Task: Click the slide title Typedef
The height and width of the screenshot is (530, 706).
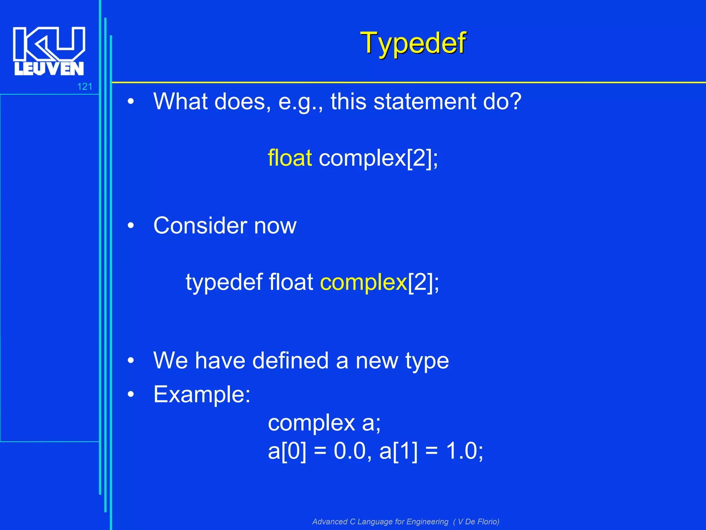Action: click(x=413, y=43)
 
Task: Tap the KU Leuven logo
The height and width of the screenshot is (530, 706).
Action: click(x=49, y=51)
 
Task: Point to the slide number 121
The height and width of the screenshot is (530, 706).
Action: click(x=84, y=87)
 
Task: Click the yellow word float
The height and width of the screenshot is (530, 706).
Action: click(x=290, y=158)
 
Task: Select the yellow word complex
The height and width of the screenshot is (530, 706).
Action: click(x=363, y=282)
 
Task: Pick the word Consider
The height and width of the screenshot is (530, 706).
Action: click(x=200, y=226)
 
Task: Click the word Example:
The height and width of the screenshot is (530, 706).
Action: click(x=202, y=394)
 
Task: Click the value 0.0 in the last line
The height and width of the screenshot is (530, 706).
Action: click(x=349, y=451)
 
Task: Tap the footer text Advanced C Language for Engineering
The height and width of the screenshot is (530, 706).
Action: click(x=380, y=522)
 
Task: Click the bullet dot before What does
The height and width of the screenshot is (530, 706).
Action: click(x=131, y=102)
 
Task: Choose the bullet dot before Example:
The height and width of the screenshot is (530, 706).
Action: click(x=131, y=394)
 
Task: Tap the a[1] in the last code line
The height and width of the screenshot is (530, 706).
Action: click(x=398, y=451)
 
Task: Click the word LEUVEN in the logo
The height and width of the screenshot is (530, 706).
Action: click(x=49, y=69)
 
